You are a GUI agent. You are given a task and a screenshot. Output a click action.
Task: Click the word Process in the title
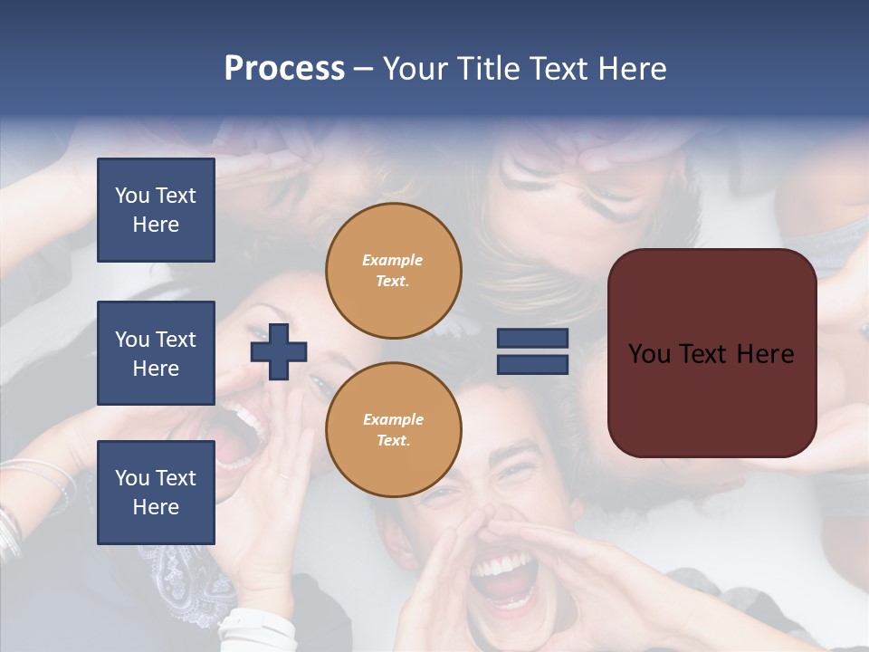[x=284, y=69]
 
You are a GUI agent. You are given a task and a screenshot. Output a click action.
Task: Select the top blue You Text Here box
[x=156, y=210]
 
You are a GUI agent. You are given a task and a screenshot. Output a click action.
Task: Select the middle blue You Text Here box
[x=156, y=353]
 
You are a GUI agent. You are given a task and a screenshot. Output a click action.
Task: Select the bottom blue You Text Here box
[x=156, y=492]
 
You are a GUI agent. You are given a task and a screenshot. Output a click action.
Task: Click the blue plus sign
[x=279, y=351]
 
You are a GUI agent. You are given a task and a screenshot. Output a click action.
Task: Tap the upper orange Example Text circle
[x=393, y=271]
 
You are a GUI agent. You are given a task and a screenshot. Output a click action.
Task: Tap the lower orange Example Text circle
[x=393, y=429]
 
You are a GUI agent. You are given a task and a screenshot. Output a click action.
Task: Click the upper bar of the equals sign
[x=532, y=339]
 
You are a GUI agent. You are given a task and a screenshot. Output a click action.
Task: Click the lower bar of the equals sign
[x=532, y=364]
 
